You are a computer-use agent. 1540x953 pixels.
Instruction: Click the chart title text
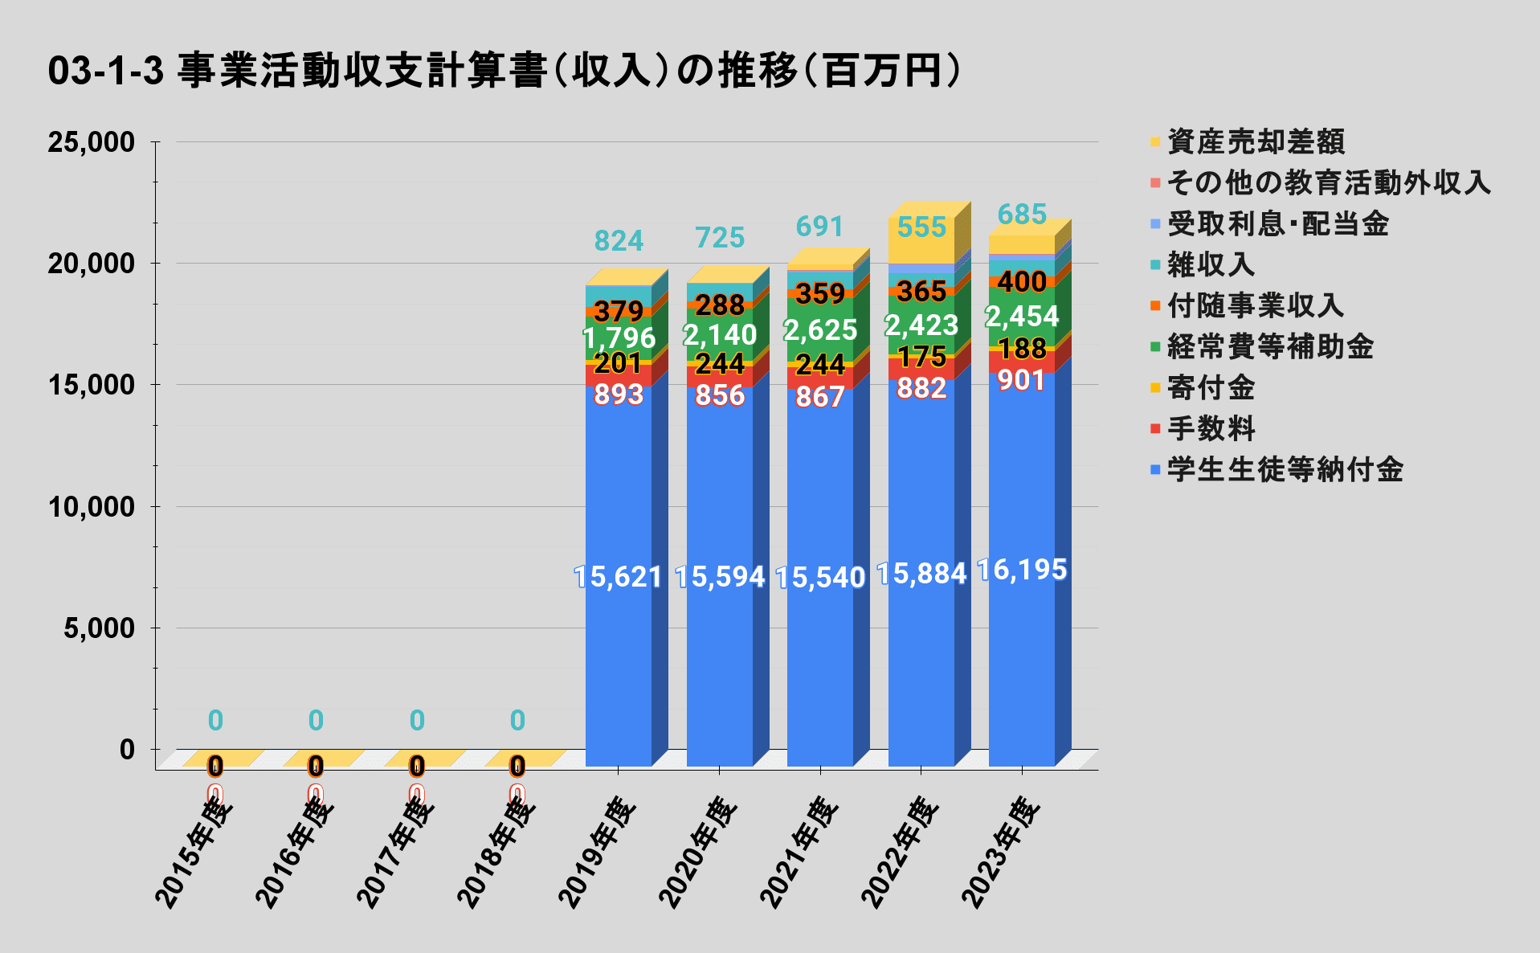pos(504,71)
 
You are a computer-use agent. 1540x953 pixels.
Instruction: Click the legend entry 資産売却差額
pos(1255,142)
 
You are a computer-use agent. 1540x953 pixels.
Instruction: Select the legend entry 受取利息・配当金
pos(1277,224)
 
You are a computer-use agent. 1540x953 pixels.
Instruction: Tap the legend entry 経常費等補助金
pos(1269,347)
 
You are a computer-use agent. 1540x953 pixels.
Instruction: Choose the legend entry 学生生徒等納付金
pos(1285,470)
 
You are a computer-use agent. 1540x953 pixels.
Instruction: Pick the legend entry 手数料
pos(1211,429)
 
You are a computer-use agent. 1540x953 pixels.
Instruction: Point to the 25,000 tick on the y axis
pos(91,142)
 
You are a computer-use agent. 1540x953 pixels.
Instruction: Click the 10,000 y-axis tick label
pos(91,507)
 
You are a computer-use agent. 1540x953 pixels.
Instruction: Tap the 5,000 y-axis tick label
pos(99,628)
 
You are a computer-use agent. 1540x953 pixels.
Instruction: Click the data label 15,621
pos(618,577)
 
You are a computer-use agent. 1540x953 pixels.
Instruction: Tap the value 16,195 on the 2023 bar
pos(1022,570)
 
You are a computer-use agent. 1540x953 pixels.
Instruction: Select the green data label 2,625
pos(820,329)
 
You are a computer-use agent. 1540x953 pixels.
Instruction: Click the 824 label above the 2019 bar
pos(619,240)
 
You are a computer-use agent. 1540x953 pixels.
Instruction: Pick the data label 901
pos(1022,380)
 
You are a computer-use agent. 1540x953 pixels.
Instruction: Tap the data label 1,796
pos(619,337)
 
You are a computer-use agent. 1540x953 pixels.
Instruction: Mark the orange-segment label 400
pos(1022,281)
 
